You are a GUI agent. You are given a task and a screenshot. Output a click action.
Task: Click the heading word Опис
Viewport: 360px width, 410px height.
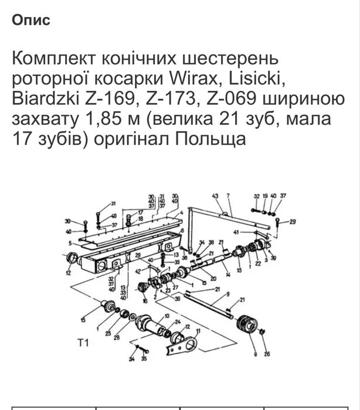point(30,19)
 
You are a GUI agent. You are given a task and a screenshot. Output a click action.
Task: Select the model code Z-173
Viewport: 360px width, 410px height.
point(170,100)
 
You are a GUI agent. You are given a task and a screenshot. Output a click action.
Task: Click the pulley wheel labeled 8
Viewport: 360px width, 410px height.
point(247,326)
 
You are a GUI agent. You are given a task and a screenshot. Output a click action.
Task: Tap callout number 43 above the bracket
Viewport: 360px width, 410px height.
point(215,196)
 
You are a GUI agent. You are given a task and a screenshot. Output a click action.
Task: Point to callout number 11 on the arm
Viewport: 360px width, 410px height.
point(198,332)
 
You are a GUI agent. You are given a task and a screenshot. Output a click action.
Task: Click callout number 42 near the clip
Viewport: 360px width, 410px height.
point(138,272)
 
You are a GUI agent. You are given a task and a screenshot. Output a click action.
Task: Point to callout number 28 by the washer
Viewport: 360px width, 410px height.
point(117,339)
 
